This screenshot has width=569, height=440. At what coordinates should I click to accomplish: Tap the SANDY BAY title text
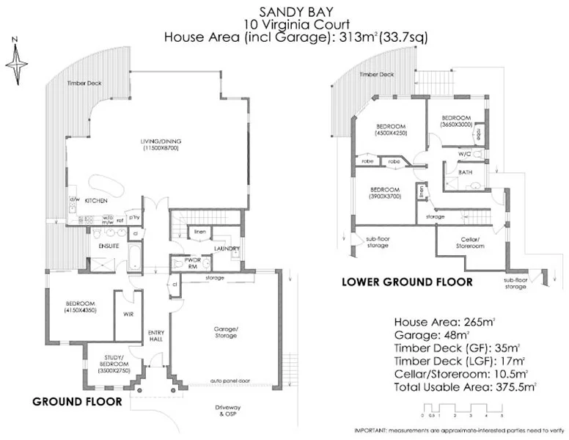coord(284,10)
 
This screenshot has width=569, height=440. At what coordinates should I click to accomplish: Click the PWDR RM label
coord(180,263)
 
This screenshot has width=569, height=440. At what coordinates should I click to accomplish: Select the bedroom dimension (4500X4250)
coord(386,133)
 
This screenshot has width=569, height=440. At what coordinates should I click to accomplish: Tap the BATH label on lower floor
coord(465,172)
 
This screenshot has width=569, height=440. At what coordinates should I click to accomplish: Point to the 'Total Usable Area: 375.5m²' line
coord(466,385)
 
